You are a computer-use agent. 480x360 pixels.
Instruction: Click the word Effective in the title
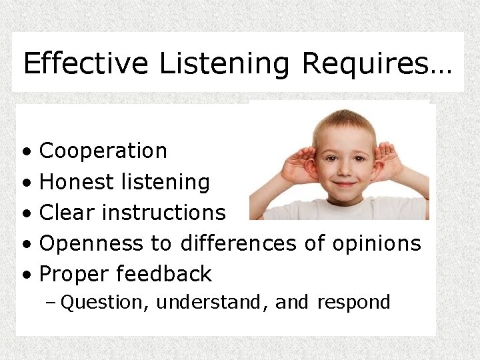(x=85, y=64)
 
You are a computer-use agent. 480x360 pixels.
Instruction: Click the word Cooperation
(x=103, y=151)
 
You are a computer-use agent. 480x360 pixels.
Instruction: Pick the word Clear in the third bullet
(x=68, y=212)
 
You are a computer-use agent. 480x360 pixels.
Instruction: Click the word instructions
(x=164, y=213)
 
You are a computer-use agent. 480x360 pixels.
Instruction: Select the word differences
(x=238, y=243)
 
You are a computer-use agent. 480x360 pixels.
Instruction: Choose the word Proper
(x=75, y=275)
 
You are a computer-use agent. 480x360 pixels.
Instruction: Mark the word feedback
(x=164, y=274)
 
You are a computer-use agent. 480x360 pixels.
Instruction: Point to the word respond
(x=353, y=303)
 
